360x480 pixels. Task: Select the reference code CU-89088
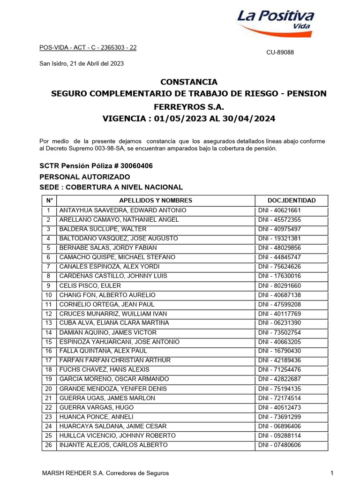point(280,52)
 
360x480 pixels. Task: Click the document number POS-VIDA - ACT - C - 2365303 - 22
point(88,47)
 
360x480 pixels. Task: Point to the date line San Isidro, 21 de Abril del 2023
point(81,64)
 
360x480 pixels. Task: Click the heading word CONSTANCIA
point(189,82)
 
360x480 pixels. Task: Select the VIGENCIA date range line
point(189,119)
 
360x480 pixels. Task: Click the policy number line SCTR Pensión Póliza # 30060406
point(97,166)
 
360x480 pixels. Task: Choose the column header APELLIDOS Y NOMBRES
point(156,201)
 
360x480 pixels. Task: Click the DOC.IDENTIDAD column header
point(292,201)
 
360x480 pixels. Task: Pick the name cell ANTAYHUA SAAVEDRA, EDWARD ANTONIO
point(123,210)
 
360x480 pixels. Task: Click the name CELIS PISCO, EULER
point(90,285)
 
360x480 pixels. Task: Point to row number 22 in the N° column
point(48,407)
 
